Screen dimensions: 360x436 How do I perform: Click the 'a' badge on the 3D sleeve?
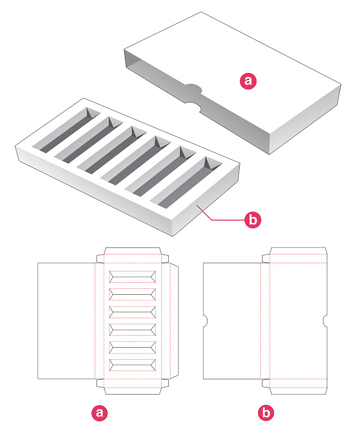click(248, 81)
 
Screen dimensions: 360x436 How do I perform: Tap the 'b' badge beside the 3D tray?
click(253, 220)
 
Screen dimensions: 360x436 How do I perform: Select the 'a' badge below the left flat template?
click(100, 413)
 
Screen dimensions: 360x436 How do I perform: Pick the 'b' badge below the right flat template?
click(266, 413)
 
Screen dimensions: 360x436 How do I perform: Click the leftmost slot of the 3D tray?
click(66, 130)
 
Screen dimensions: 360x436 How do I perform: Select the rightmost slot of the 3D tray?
click(186, 183)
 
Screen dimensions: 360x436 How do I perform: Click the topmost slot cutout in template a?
click(132, 277)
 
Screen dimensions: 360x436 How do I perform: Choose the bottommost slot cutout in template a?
click(132, 365)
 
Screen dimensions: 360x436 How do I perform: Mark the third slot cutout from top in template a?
click(132, 312)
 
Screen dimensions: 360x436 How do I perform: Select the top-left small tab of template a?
click(100, 258)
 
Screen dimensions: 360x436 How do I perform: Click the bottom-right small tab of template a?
click(165, 383)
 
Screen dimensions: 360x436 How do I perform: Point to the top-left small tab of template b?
click(266, 258)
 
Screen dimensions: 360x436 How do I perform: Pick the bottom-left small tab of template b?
click(266, 383)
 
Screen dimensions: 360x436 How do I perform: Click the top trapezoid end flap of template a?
click(132, 251)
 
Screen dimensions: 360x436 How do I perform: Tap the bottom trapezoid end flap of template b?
click(298, 391)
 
